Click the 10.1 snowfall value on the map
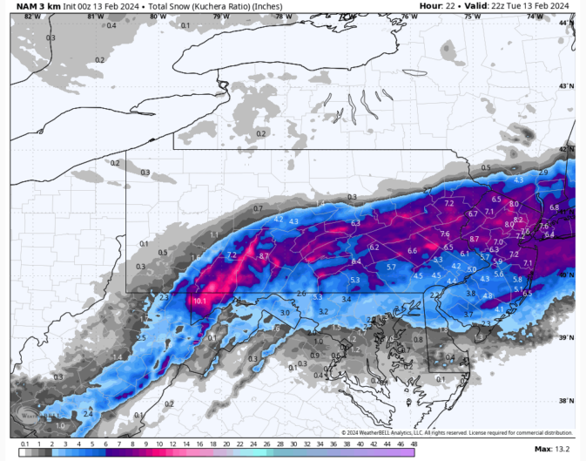[x=199, y=301]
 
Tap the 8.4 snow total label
[x=355, y=261]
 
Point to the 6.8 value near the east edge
[x=555, y=207]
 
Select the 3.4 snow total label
[x=347, y=299]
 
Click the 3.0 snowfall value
[x=284, y=313]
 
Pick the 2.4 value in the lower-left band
[x=88, y=414]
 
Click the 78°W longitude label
[x=284, y=17]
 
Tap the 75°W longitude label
[x=472, y=17]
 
